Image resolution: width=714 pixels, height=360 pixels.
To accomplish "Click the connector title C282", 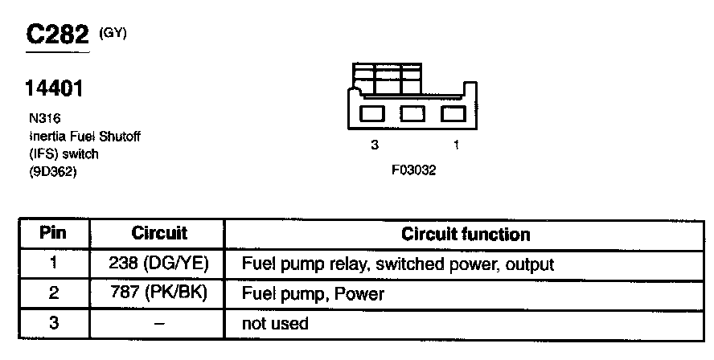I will click(58, 35).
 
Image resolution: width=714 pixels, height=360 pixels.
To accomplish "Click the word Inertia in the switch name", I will click(44, 136).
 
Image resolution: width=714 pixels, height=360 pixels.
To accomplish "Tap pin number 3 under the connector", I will click(374, 145).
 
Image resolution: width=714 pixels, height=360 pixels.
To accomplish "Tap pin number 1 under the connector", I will click(457, 145).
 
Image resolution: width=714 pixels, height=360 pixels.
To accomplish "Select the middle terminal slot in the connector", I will click(413, 113).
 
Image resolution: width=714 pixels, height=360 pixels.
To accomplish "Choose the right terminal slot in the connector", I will click(453, 113).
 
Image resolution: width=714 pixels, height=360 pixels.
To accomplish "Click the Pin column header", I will click(53, 234).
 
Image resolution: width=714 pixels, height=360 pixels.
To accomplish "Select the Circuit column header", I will click(158, 234).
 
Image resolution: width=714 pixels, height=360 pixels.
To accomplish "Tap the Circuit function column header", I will click(466, 235).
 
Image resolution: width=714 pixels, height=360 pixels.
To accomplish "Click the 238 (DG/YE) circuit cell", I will click(158, 264).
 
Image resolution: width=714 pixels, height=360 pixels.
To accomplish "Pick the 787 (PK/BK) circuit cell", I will click(158, 293).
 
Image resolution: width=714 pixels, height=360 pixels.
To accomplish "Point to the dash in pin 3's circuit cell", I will click(159, 323).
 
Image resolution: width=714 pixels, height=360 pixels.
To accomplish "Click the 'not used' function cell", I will click(275, 324).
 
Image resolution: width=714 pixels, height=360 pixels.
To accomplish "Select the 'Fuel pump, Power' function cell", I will click(313, 294).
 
